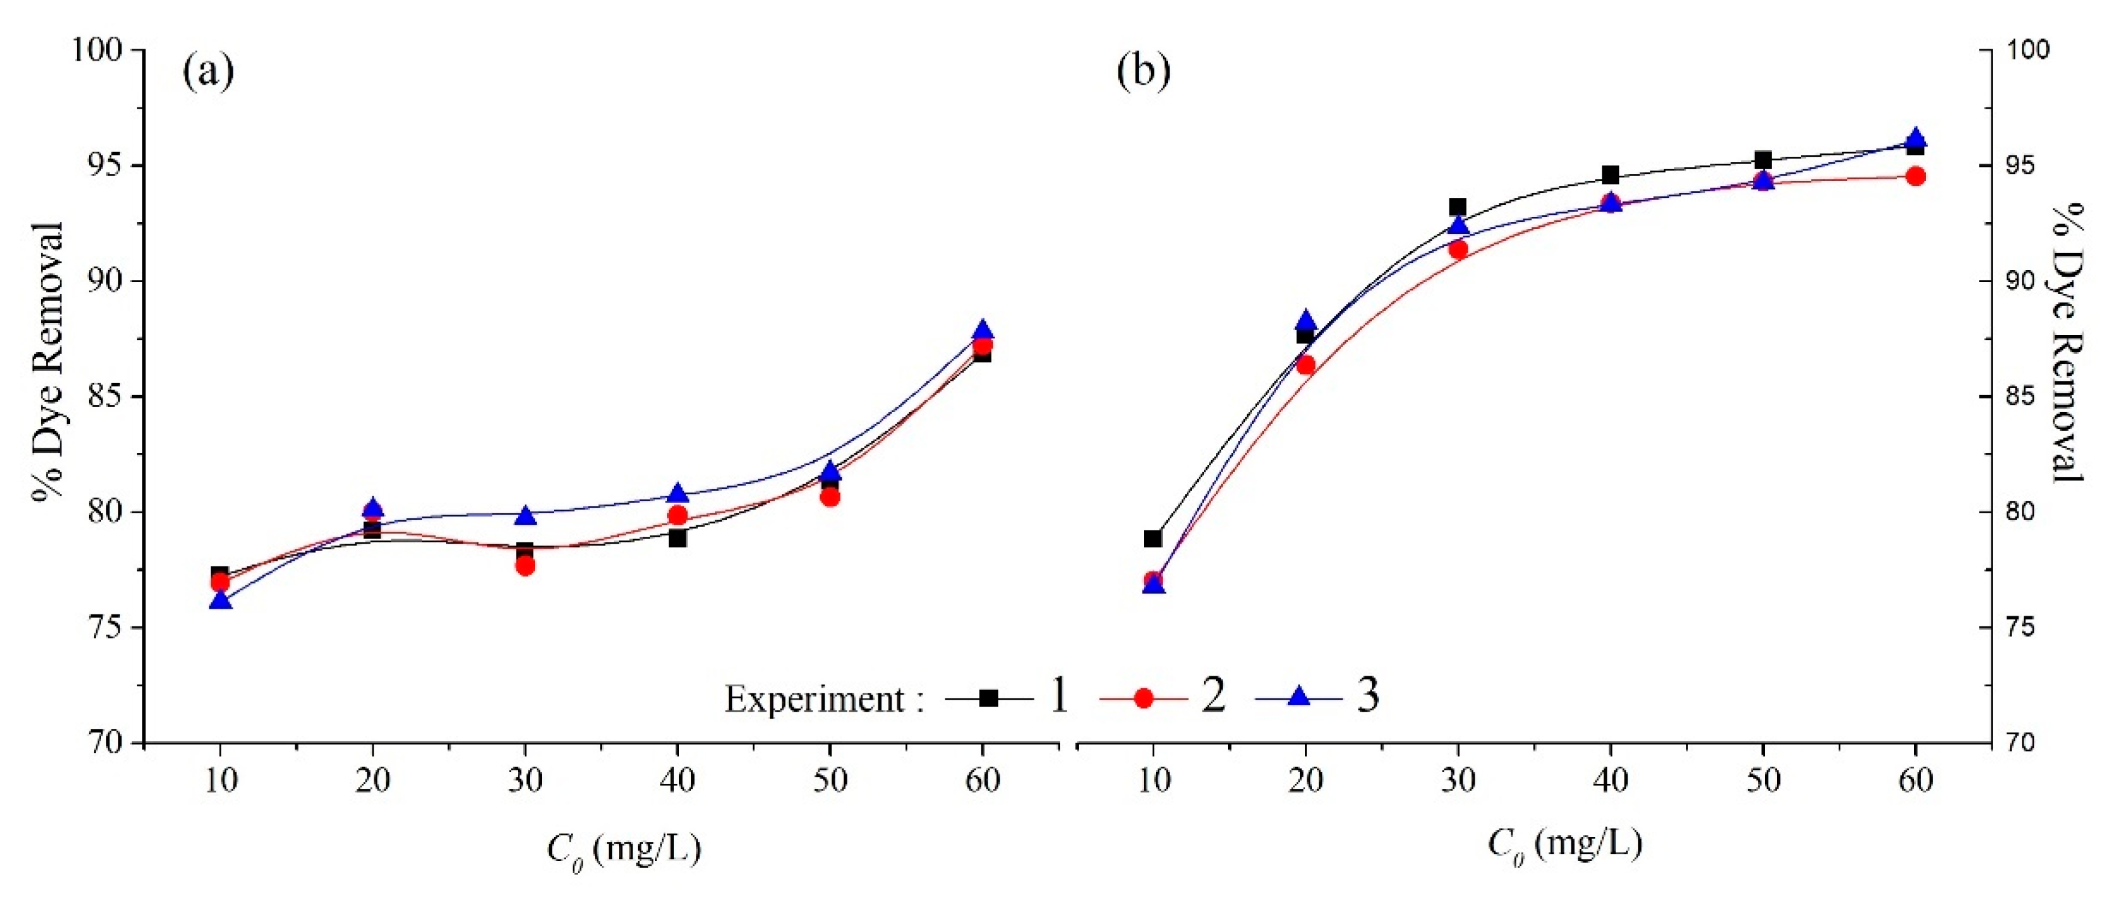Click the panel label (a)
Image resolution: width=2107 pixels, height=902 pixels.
coord(208,72)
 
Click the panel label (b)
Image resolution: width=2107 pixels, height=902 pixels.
coord(1143,72)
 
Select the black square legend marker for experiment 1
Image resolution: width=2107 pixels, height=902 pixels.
coord(988,698)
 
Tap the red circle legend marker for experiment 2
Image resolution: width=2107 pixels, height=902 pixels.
coord(1143,698)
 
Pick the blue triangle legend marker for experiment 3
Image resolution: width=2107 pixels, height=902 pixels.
coord(1299,696)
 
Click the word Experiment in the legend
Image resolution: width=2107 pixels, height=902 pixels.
coord(814,699)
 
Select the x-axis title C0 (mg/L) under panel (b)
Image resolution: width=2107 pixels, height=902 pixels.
coord(1564,844)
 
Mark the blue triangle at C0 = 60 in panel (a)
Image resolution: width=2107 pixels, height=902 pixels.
coord(982,331)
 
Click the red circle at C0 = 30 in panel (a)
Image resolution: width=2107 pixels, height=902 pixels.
coord(525,565)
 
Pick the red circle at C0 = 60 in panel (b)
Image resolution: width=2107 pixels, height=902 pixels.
coord(1915,176)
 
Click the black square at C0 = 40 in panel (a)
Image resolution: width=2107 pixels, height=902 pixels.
coord(677,538)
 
